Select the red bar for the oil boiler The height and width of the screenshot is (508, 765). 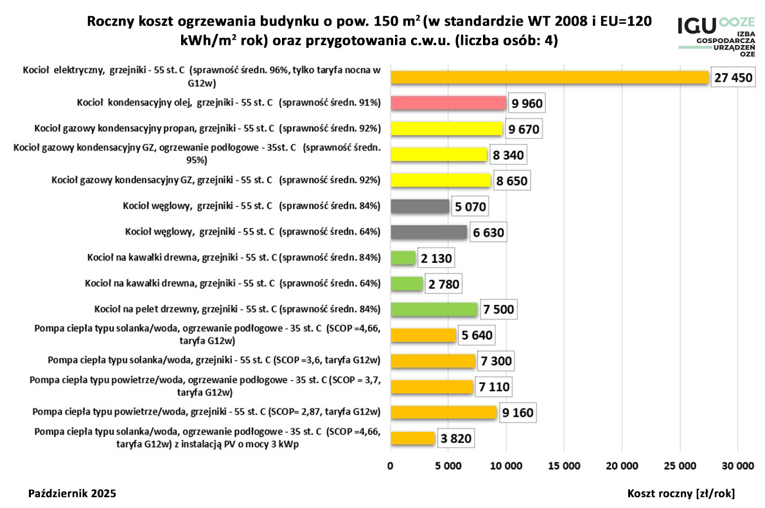(x=448, y=104)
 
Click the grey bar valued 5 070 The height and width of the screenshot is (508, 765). (x=420, y=206)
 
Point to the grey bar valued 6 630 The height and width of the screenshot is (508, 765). (x=429, y=232)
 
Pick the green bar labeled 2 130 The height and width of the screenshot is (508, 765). (x=403, y=259)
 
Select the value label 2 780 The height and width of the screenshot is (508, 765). (x=444, y=284)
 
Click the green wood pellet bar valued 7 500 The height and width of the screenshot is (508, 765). (x=434, y=309)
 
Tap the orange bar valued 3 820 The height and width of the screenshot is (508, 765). (x=413, y=439)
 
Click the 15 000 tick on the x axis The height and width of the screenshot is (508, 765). (x=564, y=465)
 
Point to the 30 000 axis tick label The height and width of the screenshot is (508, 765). (x=737, y=465)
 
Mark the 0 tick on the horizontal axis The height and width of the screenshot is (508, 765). (x=391, y=465)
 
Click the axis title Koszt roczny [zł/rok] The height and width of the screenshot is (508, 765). (x=681, y=493)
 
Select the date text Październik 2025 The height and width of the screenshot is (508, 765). (x=73, y=493)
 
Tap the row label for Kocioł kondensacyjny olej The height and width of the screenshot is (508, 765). (x=229, y=103)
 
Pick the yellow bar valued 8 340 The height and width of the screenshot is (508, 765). (x=439, y=155)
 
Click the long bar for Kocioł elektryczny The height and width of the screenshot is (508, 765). (x=550, y=78)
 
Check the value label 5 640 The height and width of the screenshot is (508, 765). (x=476, y=335)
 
